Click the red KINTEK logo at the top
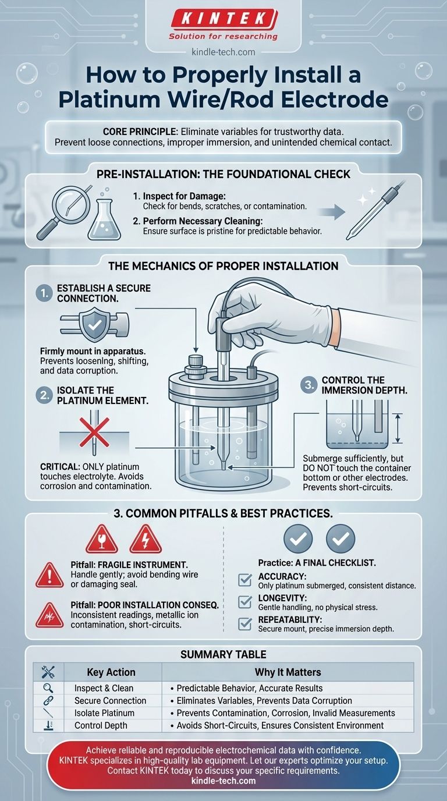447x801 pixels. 223,19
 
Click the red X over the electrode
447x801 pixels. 93,434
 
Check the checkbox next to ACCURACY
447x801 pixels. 246,580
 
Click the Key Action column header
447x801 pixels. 111,672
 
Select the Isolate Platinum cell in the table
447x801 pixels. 104,713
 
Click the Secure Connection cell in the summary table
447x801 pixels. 110,700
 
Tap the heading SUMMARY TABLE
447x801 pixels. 223,655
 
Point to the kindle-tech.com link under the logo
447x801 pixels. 223,52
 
